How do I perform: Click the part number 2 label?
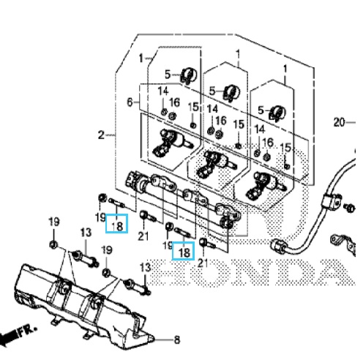point(101,135)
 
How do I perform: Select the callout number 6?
point(130,102)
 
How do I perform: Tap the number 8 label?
point(177,340)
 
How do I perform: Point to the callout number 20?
point(340,122)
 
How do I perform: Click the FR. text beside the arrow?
point(28,331)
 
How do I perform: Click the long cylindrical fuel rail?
point(181,199)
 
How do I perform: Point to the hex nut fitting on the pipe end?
point(277,245)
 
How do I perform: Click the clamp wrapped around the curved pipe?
point(332,201)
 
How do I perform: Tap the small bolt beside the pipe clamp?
point(350,208)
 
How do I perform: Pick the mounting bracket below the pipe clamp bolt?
point(343,243)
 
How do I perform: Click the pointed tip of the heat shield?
point(153,339)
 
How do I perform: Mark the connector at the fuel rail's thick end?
point(132,181)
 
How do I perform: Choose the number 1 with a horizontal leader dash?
point(141,59)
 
